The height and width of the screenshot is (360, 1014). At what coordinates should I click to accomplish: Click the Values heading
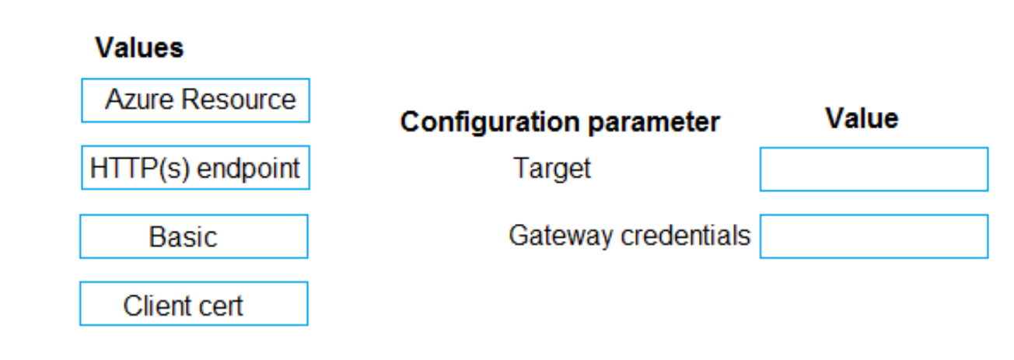point(139,48)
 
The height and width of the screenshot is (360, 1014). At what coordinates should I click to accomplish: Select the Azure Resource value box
point(195,100)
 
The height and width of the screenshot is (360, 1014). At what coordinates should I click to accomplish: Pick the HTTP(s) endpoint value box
point(195,168)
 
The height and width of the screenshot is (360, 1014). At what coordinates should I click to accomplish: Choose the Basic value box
point(194,236)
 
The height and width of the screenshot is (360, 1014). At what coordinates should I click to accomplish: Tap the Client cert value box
point(194,304)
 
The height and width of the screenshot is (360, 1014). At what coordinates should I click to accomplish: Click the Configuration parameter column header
point(560,122)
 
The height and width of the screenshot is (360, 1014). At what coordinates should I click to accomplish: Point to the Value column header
point(862,118)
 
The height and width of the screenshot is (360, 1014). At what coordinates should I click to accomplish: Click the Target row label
point(551,168)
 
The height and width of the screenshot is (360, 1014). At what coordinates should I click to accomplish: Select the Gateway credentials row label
point(629,236)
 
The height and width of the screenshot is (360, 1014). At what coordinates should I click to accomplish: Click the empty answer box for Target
point(874,169)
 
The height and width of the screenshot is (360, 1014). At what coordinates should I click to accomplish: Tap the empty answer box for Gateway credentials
point(874,236)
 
